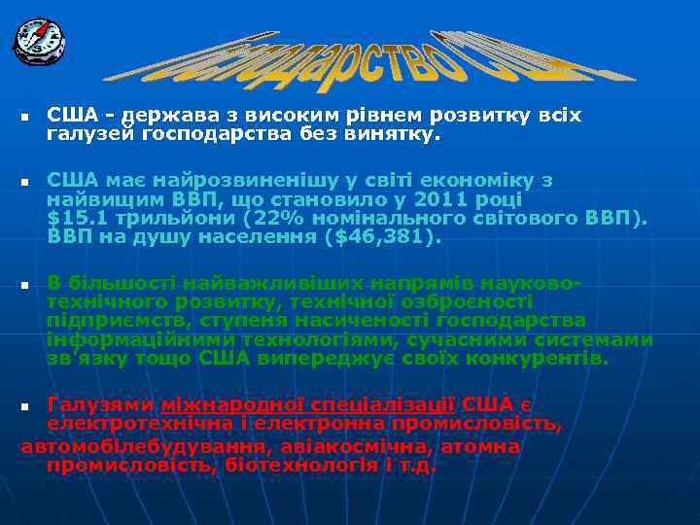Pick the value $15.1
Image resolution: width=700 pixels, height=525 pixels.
coord(77,219)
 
